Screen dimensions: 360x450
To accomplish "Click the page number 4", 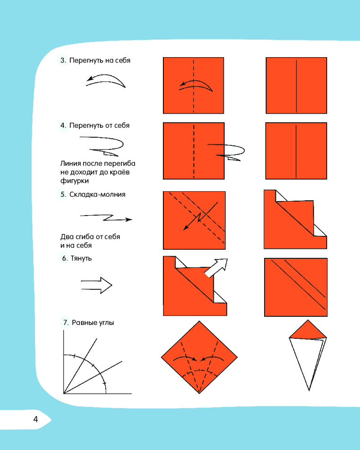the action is coord(35,419).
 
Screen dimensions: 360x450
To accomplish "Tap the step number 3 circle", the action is coord(63,60).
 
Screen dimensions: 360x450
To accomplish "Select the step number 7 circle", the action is coord(65,322).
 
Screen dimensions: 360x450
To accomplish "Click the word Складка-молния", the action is coord(97,194).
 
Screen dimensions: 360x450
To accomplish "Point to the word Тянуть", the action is coord(81,258).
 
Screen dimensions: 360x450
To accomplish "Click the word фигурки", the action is coord(74,181).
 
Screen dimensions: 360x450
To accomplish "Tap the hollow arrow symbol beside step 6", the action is coord(96,285).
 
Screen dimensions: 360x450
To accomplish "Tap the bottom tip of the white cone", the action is coord(309,390).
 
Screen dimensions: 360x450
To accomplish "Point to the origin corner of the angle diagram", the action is coord(64,393).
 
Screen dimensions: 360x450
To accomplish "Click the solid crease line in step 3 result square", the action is coord(296,86).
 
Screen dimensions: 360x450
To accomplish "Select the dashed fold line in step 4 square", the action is coord(194,151).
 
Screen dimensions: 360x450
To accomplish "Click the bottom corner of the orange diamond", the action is coord(199,393).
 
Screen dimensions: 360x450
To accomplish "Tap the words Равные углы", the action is coord(93,323).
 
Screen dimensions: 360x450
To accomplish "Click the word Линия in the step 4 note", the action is coord(71,164).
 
